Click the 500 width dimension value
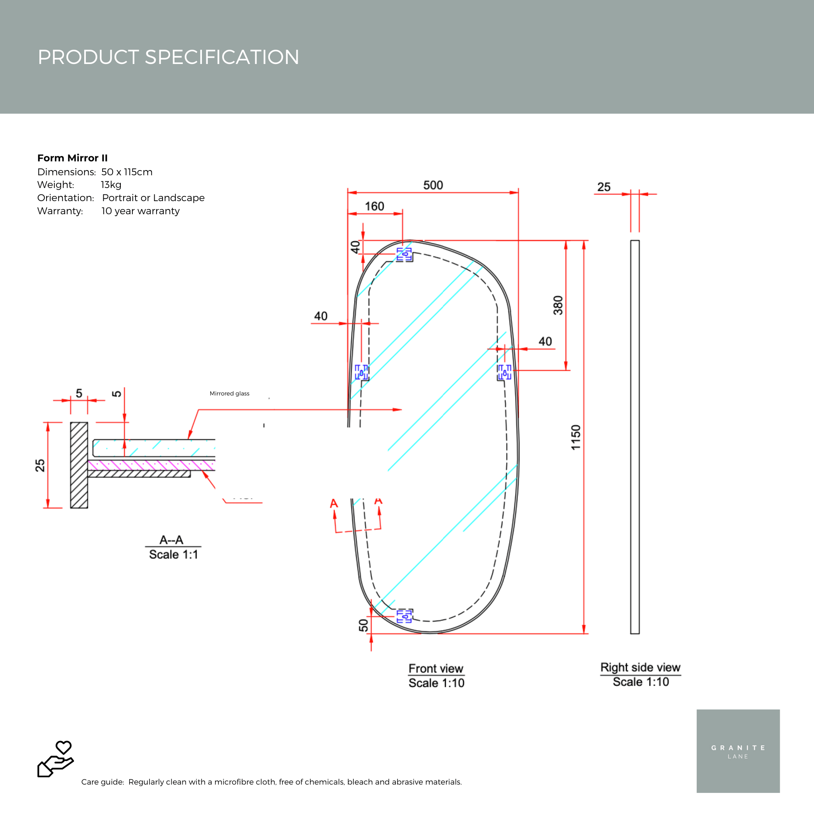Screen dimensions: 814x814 [x=433, y=185]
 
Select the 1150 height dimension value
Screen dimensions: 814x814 [x=576, y=437]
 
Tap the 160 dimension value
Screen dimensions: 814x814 [x=374, y=206]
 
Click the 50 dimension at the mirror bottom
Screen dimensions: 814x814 [x=363, y=625]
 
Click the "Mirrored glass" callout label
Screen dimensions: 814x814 [x=229, y=393]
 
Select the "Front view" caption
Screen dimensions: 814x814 [x=436, y=669]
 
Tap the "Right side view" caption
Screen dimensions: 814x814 [x=640, y=667]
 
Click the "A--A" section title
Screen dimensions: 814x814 [x=171, y=540]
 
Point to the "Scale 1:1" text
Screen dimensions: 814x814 [x=173, y=554]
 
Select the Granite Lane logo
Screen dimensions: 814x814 [x=738, y=751]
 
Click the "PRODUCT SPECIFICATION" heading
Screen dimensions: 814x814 [x=169, y=57]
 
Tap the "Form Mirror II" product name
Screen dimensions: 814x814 [x=72, y=158]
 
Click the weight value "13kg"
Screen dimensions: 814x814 [x=111, y=184]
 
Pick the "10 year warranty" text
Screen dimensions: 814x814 [x=140, y=211]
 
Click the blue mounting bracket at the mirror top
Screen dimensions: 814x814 [x=404, y=254]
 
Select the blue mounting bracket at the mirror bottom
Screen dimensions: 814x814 [x=404, y=616]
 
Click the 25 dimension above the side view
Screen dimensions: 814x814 [x=604, y=187]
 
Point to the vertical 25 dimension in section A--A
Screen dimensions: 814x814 [x=40, y=465]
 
